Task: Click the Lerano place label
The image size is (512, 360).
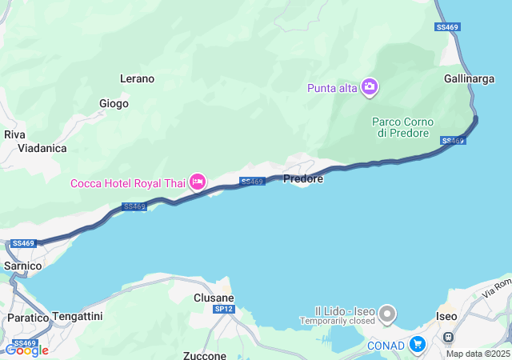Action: pyautogui.click(x=137, y=79)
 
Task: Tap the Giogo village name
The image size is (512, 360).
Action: pyautogui.click(x=114, y=103)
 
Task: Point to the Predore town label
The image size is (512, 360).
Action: pyautogui.click(x=303, y=179)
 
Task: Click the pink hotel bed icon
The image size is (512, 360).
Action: pyautogui.click(x=198, y=183)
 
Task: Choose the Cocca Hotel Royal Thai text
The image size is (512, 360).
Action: pyautogui.click(x=128, y=183)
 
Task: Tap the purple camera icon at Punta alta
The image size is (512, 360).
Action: pyautogui.click(x=370, y=86)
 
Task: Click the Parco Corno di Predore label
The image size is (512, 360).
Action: pyautogui.click(x=402, y=127)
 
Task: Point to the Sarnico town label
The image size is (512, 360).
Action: pyautogui.click(x=22, y=265)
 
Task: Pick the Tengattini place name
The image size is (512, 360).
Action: pyautogui.click(x=78, y=317)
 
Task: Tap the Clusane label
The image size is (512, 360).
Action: pyautogui.click(x=213, y=298)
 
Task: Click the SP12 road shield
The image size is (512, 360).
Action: pyautogui.click(x=224, y=309)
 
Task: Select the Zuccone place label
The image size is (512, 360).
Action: pyautogui.click(x=205, y=355)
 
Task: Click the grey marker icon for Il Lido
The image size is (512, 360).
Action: pyautogui.click(x=387, y=312)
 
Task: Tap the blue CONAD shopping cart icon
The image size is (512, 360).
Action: pyautogui.click(x=417, y=345)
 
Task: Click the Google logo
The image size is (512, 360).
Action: pyautogui.click(x=26, y=350)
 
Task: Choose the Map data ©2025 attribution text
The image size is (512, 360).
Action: pyautogui.click(x=478, y=354)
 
